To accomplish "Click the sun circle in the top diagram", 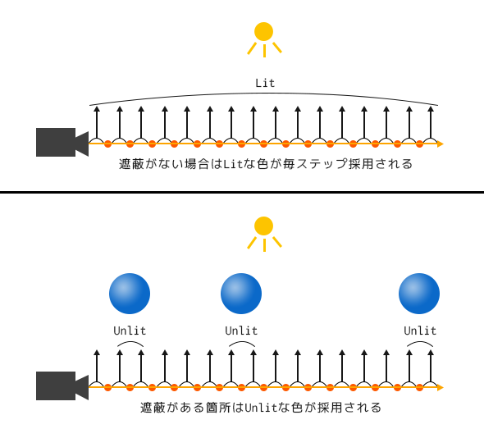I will [x=263, y=31].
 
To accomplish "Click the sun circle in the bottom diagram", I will [x=263, y=226].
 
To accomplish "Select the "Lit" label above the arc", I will [x=265, y=83].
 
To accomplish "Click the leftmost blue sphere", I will [x=130, y=294].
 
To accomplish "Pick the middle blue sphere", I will [x=241, y=294].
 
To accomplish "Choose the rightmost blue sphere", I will [x=419, y=294].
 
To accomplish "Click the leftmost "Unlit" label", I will [x=130, y=331].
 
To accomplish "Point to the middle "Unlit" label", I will [x=241, y=331].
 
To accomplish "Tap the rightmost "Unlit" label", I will [x=420, y=331].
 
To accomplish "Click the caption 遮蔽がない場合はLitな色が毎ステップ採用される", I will [x=264, y=164].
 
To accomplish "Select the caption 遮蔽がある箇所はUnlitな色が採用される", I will [x=261, y=408].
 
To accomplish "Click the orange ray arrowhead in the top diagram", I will [x=441, y=144].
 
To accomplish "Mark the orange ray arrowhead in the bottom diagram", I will [x=441, y=388].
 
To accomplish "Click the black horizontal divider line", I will [x=242, y=193].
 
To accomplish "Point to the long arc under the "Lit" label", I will [x=264, y=94].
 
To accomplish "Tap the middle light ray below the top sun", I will [x=264, y=51].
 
